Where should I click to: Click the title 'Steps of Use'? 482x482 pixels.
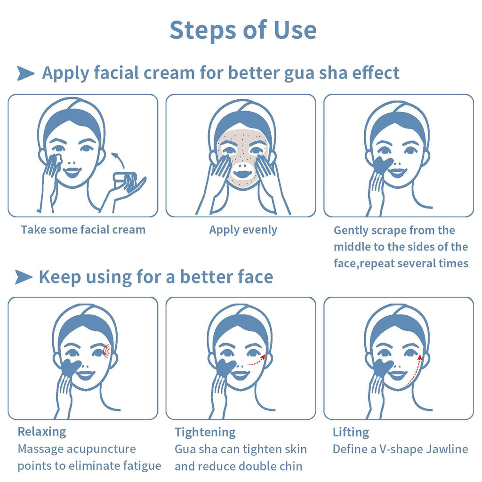coord(243,30)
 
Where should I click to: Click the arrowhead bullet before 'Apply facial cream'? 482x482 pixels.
coord(25,73)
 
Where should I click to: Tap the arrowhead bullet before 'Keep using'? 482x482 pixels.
coord(24,277)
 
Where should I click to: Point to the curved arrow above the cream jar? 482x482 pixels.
coord(118,160)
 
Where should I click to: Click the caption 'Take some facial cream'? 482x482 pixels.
coord(83,230)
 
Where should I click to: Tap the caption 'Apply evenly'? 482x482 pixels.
coord(243,230)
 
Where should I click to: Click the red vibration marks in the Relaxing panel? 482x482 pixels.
coord(106,351)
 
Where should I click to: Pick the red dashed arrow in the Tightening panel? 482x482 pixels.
coord(256,361)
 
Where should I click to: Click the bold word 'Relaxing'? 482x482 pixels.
coord(42,432)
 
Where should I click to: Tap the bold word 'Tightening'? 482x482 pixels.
coord(205,432)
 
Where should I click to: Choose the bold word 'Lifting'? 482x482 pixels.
coord(351,432)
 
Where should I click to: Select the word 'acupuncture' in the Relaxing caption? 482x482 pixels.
coord(101,449)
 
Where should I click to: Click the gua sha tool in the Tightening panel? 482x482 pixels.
coord(226,368)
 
